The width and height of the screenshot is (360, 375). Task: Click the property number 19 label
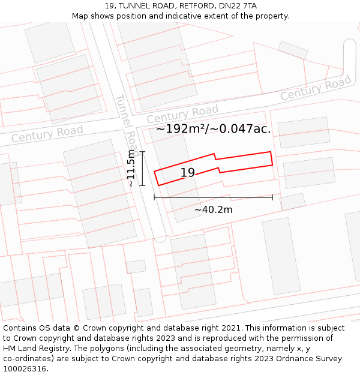(x=188, y=173)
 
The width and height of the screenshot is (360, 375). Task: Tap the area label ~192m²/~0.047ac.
(x=214, y=128)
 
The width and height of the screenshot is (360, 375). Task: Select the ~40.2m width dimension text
(x=213, y=209)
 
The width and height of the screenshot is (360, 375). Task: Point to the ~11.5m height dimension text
(x=131, y=169)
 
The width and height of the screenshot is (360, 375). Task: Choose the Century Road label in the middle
(x=182, y=113)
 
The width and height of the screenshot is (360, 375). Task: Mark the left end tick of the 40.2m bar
(x=154, y=197)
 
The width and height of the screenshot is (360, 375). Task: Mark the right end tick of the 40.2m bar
(x=272, y=197)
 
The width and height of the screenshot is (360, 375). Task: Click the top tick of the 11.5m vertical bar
(x=142, y=152)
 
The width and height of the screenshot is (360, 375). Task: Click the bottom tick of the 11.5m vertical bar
(x=142, y=185)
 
